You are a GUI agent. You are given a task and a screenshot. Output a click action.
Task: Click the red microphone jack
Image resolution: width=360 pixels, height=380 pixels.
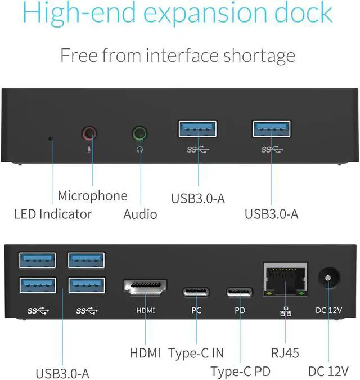coord(89,134)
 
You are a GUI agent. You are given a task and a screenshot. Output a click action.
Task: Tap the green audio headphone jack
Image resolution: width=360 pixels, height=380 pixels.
coord(139,134)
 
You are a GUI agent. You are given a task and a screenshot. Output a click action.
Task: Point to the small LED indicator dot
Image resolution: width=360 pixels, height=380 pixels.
coord(52,138)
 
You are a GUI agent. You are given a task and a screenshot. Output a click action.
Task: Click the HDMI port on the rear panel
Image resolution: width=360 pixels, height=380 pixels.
coord(145,288)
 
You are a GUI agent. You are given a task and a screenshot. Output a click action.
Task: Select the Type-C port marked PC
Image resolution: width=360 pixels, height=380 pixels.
coord(195,292)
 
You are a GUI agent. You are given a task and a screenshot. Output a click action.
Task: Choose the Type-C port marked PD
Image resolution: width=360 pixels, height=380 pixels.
coord(240,292)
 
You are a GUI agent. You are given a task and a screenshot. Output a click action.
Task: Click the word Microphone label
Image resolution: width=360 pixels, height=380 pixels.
coord(92,196)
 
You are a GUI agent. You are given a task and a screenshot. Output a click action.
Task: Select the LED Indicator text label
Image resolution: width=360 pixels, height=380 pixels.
coord(52,214)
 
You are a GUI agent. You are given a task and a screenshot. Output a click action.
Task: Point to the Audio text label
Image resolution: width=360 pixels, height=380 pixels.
coord(140,214)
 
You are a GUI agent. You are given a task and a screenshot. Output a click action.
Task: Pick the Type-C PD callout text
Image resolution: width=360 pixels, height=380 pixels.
coord(240,372)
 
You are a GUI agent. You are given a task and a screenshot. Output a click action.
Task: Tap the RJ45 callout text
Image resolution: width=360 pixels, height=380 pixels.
coord(285,354)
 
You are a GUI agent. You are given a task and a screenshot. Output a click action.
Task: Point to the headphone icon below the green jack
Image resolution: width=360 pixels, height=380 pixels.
coord(139,150)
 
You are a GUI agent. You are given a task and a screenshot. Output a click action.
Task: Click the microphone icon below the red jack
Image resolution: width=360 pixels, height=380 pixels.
coord(89,150)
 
